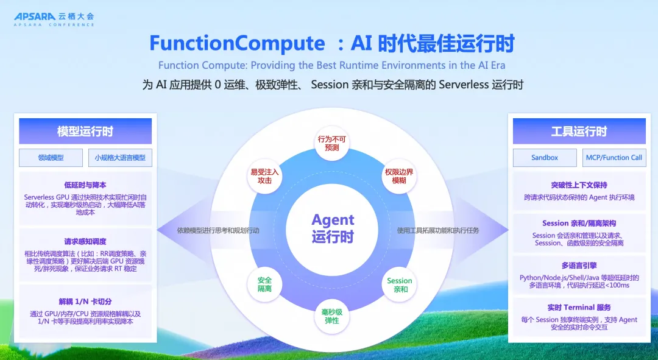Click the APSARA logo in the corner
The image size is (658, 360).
point(54,19)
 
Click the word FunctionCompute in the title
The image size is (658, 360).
point(237,43)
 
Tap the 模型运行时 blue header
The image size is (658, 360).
point(85,132)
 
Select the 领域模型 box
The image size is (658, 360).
point(51,158)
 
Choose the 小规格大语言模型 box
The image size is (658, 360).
point(120,158)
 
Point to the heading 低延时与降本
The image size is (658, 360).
point(85,185)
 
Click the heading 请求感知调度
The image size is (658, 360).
point(85,242)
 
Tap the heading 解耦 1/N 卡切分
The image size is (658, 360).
point(85,302)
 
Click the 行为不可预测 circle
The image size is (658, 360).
point(331,144)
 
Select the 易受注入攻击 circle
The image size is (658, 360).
point(264,176)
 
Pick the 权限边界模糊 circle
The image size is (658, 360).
point(399,176)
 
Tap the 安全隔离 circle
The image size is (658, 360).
point(264,284)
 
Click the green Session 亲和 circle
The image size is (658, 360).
point(399,284)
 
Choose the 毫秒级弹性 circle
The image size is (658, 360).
point(331,316)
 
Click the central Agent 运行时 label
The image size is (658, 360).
point(333,228)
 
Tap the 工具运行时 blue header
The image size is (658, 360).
point(579,132)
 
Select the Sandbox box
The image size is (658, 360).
point(545,158)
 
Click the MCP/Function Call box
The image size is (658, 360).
point(614,158)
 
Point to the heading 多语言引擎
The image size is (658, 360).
point(579,266)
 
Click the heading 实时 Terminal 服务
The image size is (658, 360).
point(579,308)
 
